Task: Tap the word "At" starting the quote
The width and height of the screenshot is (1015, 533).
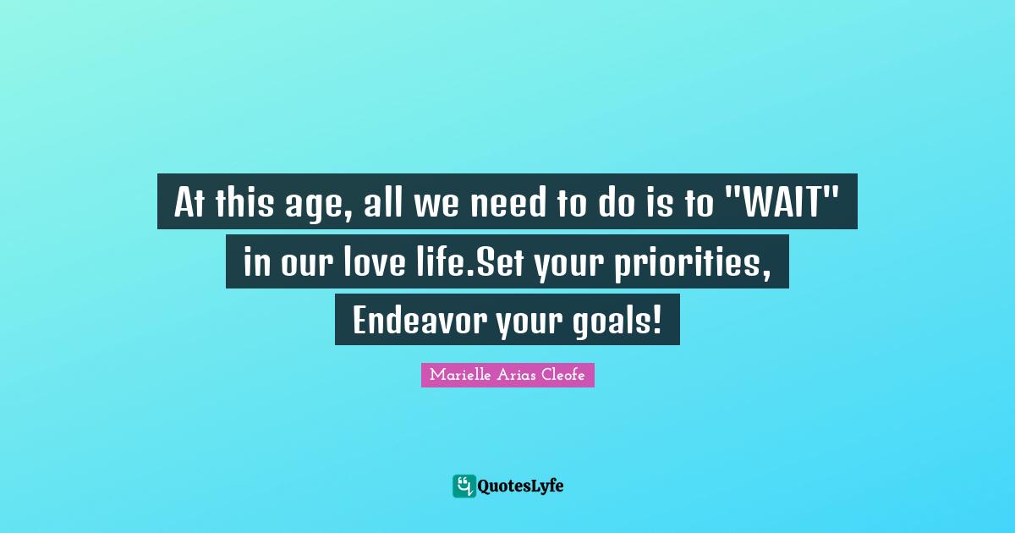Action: tap(189, 201)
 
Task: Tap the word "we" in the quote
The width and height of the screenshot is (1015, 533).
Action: tap(429, 201)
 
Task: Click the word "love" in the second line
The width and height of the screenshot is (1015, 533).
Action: tap(378, 262)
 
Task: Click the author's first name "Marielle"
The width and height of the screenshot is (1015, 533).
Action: tap(458, 375)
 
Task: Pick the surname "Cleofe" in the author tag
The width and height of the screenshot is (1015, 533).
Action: tap(561, 375)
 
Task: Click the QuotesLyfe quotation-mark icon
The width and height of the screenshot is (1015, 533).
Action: tap(464, 486)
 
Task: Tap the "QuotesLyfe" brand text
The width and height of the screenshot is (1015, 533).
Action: tap(521, 486)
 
